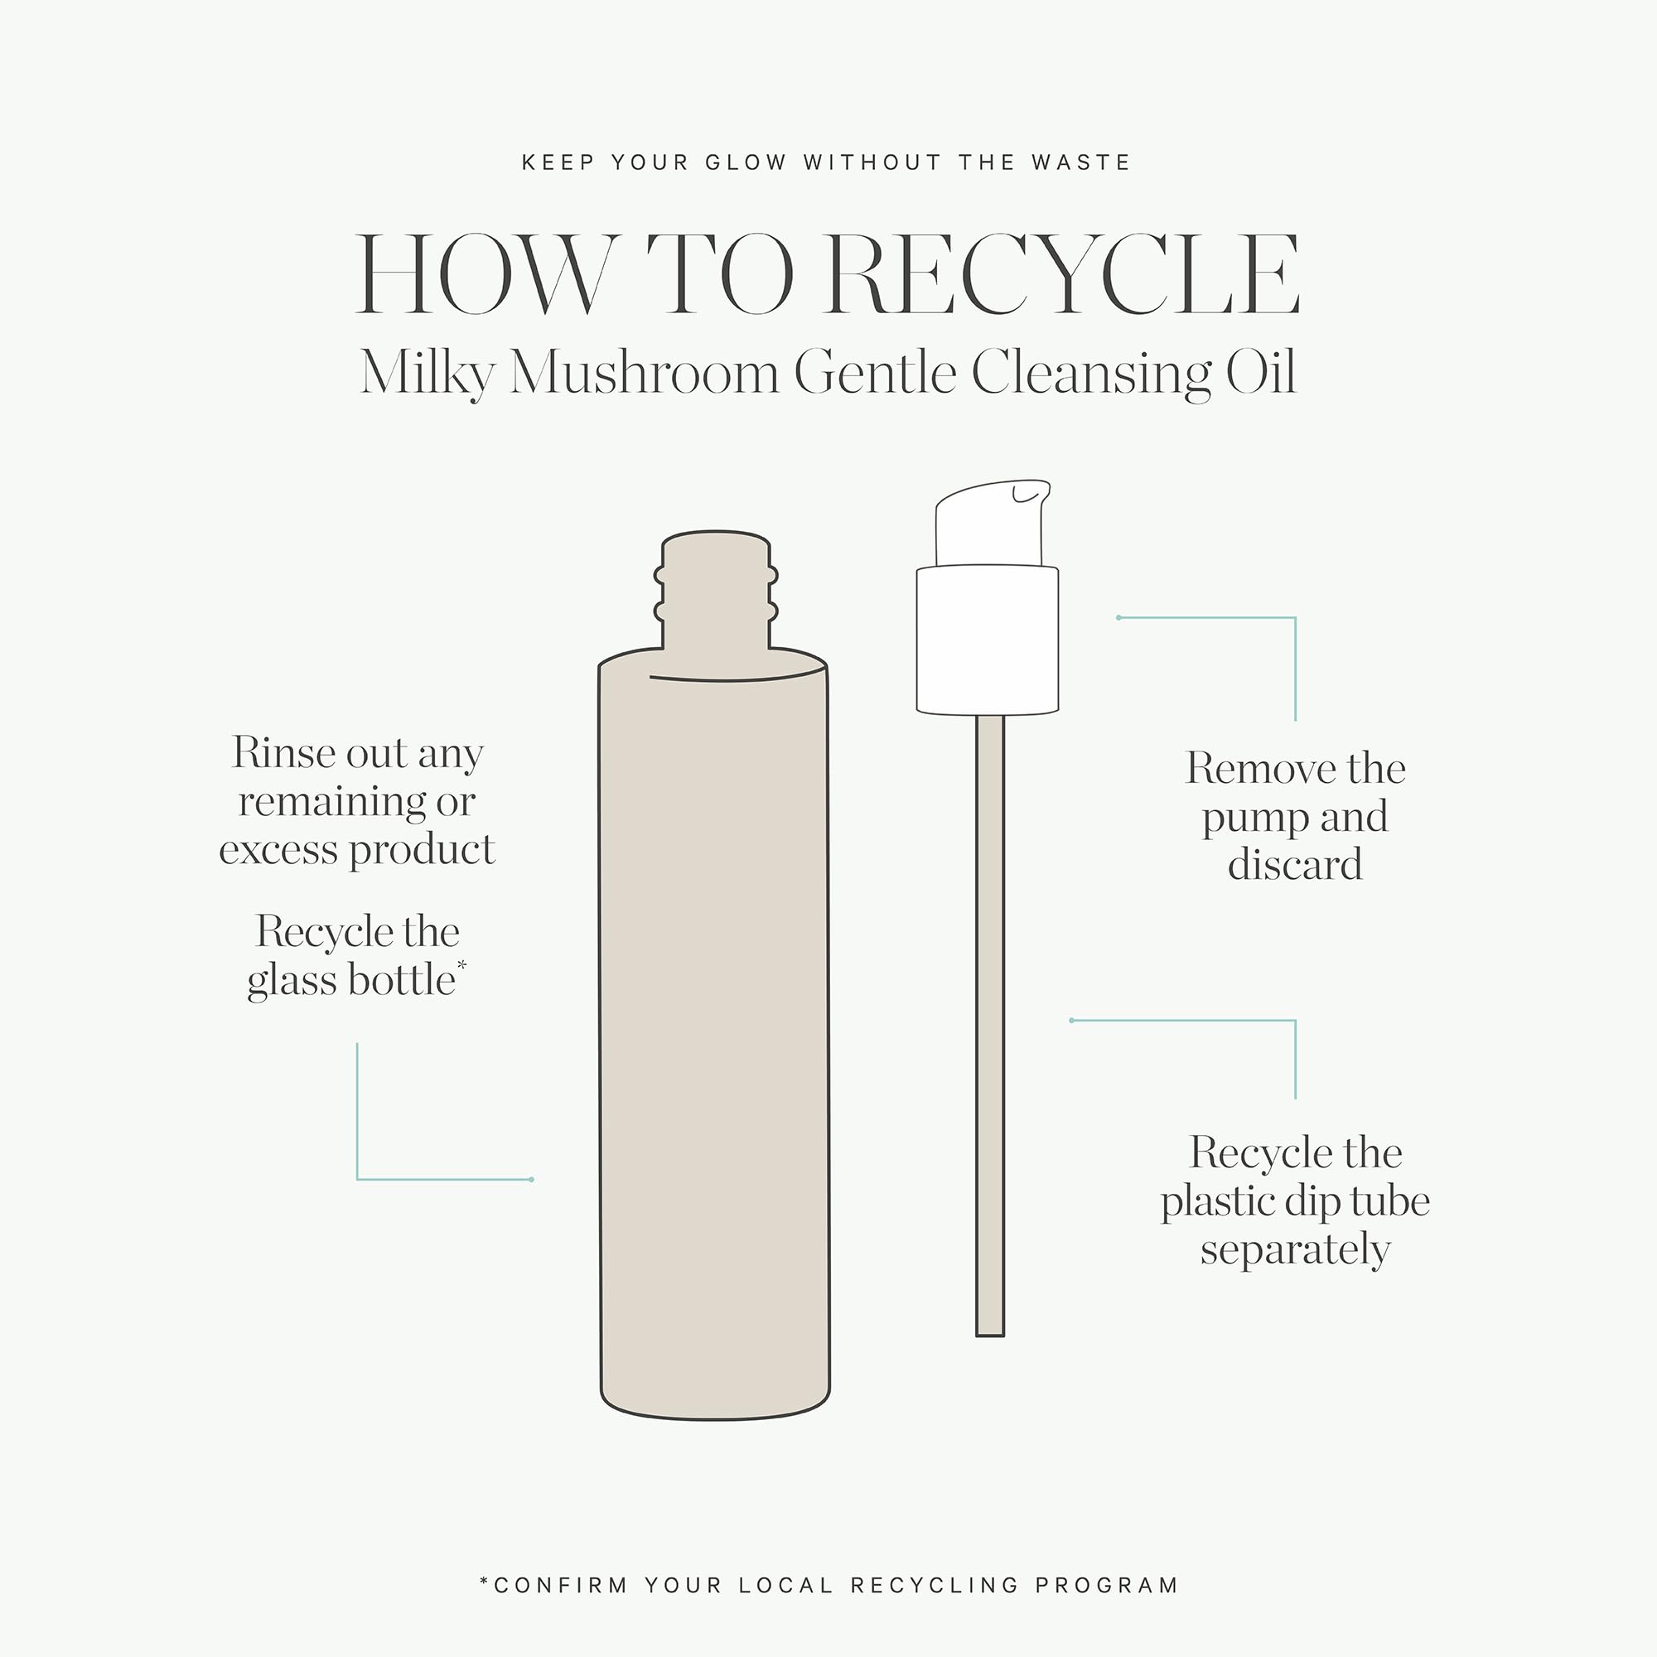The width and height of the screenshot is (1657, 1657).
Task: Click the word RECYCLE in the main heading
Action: coord(1064,273)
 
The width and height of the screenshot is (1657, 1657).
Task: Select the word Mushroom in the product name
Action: coord(644,373)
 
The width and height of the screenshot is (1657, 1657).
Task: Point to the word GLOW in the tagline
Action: coord(746,163)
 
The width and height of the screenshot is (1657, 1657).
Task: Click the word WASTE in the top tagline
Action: coord(1080,163)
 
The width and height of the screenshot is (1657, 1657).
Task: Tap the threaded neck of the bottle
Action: coord(716,592)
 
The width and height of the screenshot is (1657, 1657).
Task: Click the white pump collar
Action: coord(988,639)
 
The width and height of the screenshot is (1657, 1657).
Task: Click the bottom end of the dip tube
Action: coord(990,1335)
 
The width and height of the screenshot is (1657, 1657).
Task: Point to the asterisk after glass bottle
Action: coord(462,966)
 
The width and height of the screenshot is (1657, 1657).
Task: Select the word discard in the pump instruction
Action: coord(1295,864)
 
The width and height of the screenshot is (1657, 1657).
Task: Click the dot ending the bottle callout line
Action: coord(532,1179)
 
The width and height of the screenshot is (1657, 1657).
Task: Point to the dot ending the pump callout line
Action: coord(1119,617)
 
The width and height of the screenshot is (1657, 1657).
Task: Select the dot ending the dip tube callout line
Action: coord(1072,1021)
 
